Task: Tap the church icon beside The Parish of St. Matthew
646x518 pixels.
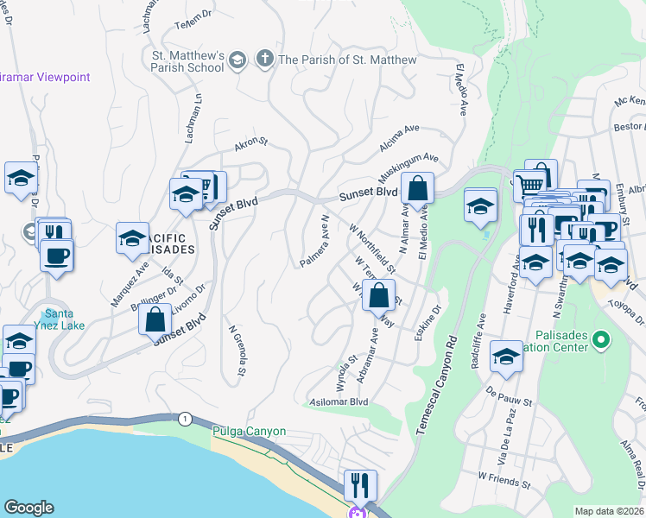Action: [264, 60]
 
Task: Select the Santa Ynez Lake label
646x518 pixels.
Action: [66, 320]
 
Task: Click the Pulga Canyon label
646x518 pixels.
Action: [249, 431]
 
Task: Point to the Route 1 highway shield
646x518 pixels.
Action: [184, 419]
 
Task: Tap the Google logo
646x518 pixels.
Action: [28, 508]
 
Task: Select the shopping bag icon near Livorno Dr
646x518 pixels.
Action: [154, 318]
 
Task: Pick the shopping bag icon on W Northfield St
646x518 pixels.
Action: [378, 295]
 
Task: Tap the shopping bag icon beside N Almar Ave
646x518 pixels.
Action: [417, 188]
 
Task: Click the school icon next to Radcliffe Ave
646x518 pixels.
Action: [506, 356]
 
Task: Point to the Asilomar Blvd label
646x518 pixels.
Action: [339, 401]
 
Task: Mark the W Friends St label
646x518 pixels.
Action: [504, 476]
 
